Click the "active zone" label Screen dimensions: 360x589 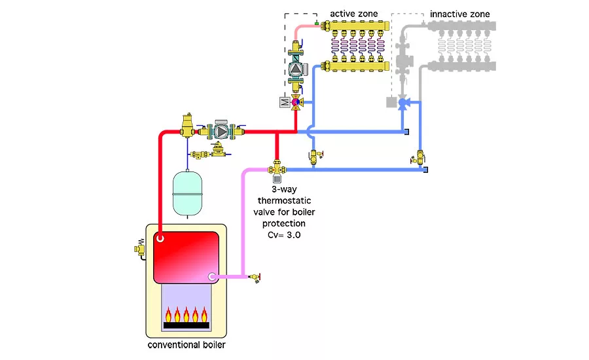pyautogui.click(x=354, y=14)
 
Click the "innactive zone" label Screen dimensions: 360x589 pyautogui.click(x=459, y=14)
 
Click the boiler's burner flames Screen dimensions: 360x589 pyautogui.click(x=186, y=312)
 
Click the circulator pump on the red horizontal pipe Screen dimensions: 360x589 pyautogui.click(x=222, y=132)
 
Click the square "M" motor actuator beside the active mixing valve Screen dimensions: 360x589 pyautogui.click(x=283, y=102)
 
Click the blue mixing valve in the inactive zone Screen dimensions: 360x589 pyautogui.click(x=404, y=102)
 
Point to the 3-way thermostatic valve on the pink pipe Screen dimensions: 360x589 pyautogui.click(x=276, y=170)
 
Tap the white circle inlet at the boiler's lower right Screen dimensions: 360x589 pyautogui.click(x=212, y=277)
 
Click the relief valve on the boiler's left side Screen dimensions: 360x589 pyautogui.click(x=139, y=249)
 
